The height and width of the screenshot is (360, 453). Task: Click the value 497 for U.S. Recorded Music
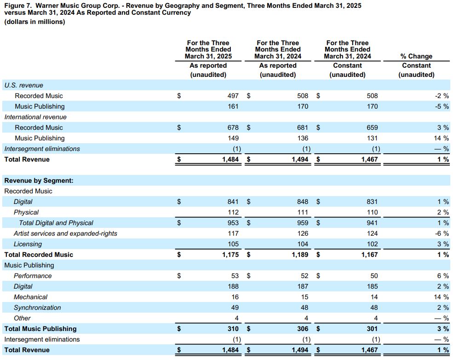click(x=233, y=96)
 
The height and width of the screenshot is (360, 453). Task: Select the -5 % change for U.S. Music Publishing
click(x=442, y=106)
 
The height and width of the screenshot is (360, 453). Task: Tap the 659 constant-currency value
click(x=372, y=128)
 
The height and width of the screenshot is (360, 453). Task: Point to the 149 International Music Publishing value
click(x=233, y=138)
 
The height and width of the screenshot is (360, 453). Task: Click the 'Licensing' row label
click(x=28, y=244)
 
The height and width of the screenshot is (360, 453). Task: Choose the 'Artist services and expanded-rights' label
click(x=65, y=233)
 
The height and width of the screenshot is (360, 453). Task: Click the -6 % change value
click(x=442, y=233)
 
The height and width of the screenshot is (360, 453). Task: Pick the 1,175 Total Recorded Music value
click(x=230, y=255)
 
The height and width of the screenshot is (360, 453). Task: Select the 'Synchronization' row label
click(x=37, y=308)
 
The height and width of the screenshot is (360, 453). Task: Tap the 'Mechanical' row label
click(x=30, y=297)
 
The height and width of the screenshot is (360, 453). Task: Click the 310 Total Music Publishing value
click(x=233, y=329)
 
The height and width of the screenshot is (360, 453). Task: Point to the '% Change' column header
click(x=416, y=56)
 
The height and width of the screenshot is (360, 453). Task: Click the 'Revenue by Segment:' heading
click(x=39, y=181)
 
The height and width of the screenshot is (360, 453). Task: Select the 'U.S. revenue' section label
click(x=24, y=85)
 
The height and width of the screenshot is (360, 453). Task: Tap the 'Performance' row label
click(x=33, y=276)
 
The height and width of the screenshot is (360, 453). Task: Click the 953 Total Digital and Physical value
click(x=233, y=223)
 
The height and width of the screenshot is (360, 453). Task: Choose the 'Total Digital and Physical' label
click(x=56, y=223)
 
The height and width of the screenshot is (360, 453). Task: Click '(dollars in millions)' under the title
click(x=34, y=22)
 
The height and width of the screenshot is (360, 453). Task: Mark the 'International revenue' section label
click(x=35, y=117)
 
